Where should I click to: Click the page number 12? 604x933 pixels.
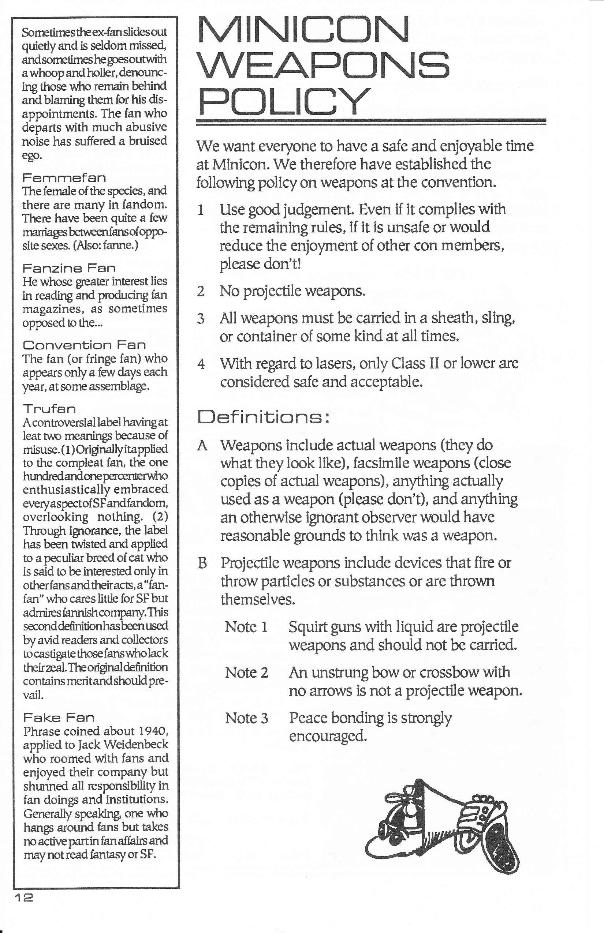(x=24, y=898)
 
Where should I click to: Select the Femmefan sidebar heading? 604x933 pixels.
(x=64, y=177)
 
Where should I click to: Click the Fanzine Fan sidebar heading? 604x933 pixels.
(x=69, y=268)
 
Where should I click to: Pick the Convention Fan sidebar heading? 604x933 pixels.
(x=84, y=345)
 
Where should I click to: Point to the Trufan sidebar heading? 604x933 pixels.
(x=49, y=409)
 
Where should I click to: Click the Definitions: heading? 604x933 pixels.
(x=263, y=417)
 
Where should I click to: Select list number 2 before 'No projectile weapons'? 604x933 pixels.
(x=201, y=291)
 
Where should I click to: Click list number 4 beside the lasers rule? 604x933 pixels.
(x=201, y=364)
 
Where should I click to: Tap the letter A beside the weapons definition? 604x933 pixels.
(x=202, y=446)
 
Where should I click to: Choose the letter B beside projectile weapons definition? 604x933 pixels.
(x=202, y=563)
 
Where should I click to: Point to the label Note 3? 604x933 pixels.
(x=246, y=718)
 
